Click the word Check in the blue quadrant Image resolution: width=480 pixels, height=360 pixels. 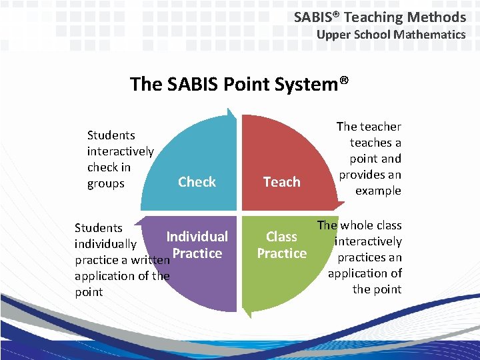[197, 182]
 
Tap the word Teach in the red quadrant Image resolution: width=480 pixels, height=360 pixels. [281, 182]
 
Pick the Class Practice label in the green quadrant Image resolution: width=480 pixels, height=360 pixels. [281, 245]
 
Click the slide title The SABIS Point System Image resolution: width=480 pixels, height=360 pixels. [239, 84]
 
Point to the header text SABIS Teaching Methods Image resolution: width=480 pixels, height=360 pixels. [380, 17]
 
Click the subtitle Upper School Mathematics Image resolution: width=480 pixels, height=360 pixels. [391, 35]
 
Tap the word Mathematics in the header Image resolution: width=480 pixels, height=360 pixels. [429, 35]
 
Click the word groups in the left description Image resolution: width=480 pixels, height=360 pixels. [106, 183]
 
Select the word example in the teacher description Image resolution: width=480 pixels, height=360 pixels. [378, 191]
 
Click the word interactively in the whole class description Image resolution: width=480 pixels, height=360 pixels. [368, 241]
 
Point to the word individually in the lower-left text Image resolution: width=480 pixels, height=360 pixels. [105, 244]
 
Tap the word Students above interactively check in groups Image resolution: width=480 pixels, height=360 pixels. [111, 135]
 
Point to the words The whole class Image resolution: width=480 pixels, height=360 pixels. [359, 225]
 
